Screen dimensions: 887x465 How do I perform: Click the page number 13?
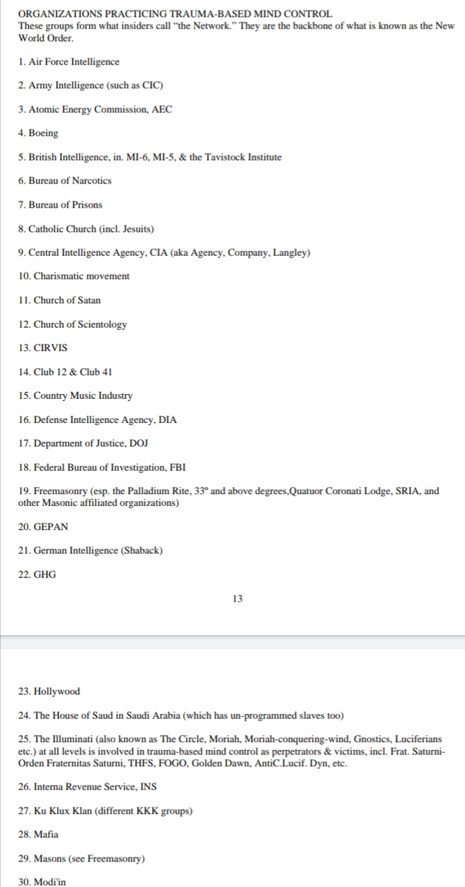click(237, 598)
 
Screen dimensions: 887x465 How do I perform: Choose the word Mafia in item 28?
click(46, 834)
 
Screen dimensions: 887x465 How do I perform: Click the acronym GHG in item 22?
click(45, 574)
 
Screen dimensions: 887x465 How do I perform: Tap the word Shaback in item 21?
click(142, 550)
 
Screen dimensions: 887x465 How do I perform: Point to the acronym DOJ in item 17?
click(138, 443)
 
